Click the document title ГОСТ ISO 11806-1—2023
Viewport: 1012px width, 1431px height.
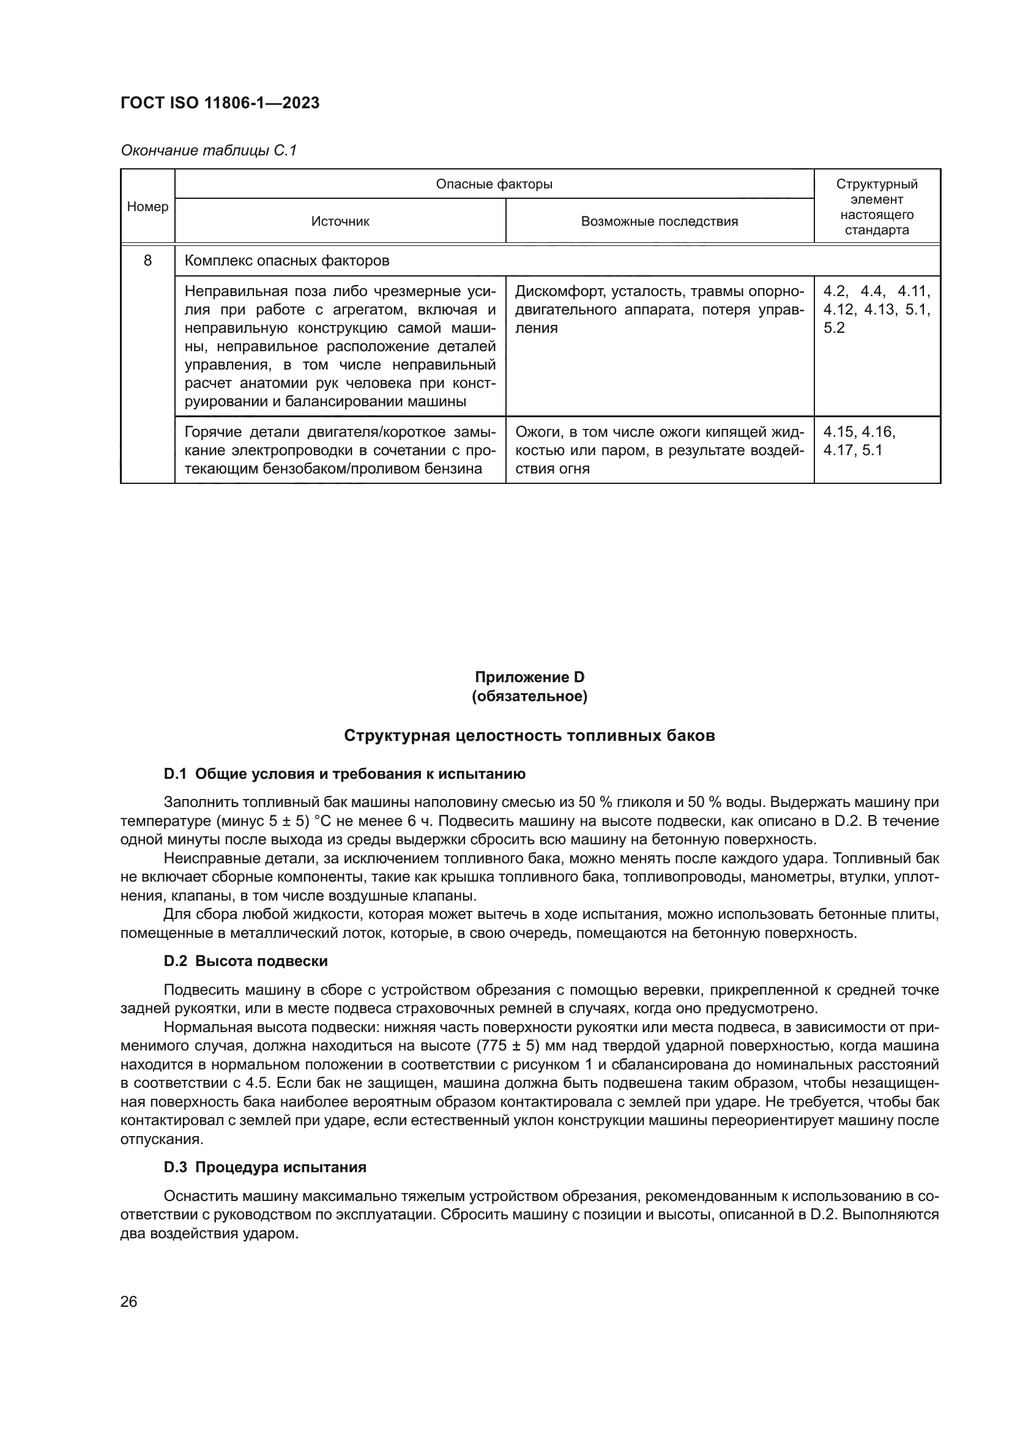pos(220,103)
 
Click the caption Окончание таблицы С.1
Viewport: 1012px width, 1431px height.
pos(208,151)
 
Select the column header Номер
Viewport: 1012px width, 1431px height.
pos(147,206)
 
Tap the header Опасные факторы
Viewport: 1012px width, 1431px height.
pos(494,184)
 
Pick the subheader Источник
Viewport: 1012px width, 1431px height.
pos(340,221)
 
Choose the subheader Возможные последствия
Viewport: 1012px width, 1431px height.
pos(659,221)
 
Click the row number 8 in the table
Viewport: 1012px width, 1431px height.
pos(147,260)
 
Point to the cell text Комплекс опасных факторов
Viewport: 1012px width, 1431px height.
pos(286,261)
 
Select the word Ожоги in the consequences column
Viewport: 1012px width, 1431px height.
pos(537,432)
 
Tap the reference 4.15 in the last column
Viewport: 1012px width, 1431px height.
pos(839,432)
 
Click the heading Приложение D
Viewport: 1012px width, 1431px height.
pos(530,677)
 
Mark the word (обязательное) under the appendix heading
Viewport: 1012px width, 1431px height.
pos(530,696)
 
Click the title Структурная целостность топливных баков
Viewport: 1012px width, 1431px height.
pos(530,735)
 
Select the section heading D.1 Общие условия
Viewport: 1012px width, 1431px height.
pos(344,774)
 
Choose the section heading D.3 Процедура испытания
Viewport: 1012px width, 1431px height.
pos(265,1167)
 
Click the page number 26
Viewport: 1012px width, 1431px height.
pos(128,1301)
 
